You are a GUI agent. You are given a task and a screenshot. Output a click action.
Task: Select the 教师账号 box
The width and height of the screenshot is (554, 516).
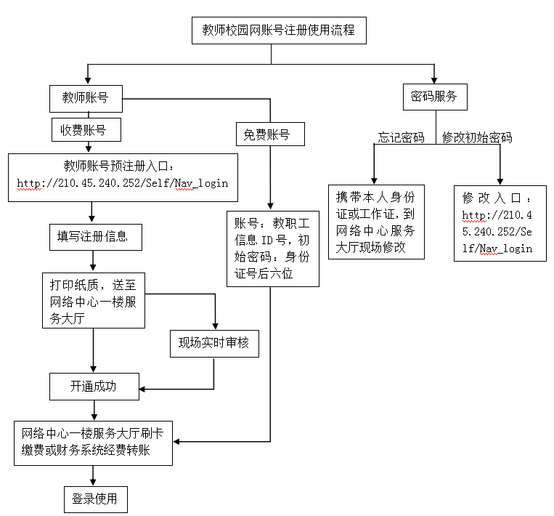[x=86, y=98]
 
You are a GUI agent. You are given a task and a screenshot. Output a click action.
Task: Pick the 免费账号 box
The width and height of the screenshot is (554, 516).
[x=268, y=134]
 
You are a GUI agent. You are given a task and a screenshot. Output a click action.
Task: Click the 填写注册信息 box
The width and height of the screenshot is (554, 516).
[x=92, y=236]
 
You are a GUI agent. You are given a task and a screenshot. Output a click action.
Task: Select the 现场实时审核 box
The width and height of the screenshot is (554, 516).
[x=213, y=343]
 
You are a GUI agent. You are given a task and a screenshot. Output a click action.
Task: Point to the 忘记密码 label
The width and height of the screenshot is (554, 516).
[x=402, y=137]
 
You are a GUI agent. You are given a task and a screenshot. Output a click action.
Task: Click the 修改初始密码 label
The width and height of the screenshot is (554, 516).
[x=477, y=137]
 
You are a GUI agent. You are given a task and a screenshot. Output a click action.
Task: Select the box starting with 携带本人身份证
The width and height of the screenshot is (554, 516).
[x=375, y=222]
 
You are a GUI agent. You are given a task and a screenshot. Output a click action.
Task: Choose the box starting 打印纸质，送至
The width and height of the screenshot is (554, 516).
[x=92, y=301]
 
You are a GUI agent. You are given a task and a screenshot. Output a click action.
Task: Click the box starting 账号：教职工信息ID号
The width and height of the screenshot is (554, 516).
[x=269, y=248]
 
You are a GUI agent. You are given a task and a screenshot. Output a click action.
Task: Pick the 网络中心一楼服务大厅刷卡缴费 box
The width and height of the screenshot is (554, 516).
[x=92, y=442]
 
